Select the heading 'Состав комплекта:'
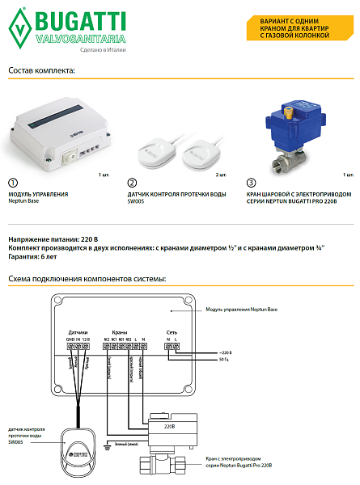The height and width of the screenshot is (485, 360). pos(41,70)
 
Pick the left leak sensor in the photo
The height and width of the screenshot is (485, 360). pos(158,149)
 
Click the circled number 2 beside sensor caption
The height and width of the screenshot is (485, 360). pos(133,184)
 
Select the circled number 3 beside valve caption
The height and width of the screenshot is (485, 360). pos(252,184)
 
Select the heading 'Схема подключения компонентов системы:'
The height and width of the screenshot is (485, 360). pos(87,279)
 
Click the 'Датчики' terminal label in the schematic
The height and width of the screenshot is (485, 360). pos(78,333)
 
